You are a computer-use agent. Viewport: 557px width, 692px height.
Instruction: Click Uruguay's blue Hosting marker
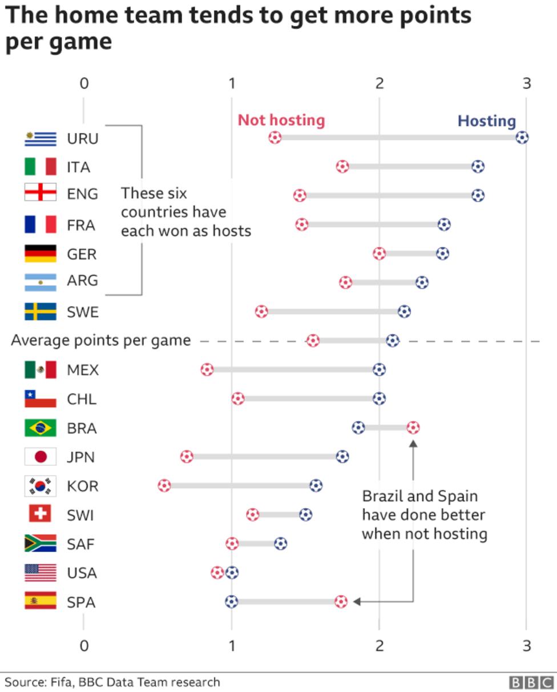pyautogui.click(x=522, y=138)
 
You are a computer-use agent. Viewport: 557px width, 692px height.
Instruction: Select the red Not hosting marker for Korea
pyautogui.click(x=164, y=486)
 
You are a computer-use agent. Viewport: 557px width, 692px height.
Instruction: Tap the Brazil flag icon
pyautogui.click(x=41, y=428)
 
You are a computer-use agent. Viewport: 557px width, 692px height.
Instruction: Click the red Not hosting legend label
pyautogui.click(x=281, y=120)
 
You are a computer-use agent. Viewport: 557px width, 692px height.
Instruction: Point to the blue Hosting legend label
pyautogui.click(x=487, y=121)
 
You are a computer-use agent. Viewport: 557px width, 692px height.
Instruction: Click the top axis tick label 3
pyautogui.click(x=526, y=83)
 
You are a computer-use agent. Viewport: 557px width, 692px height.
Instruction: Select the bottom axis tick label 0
pyautogui.click(x=84, y=646)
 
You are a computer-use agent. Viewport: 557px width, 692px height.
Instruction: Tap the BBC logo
pyautogui.click(x=531, y=682)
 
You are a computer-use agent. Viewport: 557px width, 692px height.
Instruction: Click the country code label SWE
pyautogui.click(x=83, y=312)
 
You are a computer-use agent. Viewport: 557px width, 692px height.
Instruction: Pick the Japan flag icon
pyautogui.click(x=41, y=457)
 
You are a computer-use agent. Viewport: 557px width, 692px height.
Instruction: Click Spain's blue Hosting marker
pyautogui.click(x=231, y=602)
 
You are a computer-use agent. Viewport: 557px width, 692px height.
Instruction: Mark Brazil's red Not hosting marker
pyautogui.click(x=413, y=428)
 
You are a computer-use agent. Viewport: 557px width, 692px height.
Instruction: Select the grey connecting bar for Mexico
pyautogui.click(x=293, y=369)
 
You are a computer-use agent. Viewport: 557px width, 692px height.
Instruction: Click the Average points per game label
pyautogui.click(x=101, y=341)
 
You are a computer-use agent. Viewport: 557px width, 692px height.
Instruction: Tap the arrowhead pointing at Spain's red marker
pyautogui.click(x=356, y=602)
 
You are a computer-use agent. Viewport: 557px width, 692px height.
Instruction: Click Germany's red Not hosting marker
pyautogui.click(x=379, y=254)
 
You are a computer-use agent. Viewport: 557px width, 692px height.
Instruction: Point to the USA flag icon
pyautogui.click(x=41, y=573)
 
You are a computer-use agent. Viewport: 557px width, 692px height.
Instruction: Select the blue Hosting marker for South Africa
pyautogui.click(x=280, y=544)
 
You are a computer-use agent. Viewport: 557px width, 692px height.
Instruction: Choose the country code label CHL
pyautogui.click(x=82, y=399)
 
